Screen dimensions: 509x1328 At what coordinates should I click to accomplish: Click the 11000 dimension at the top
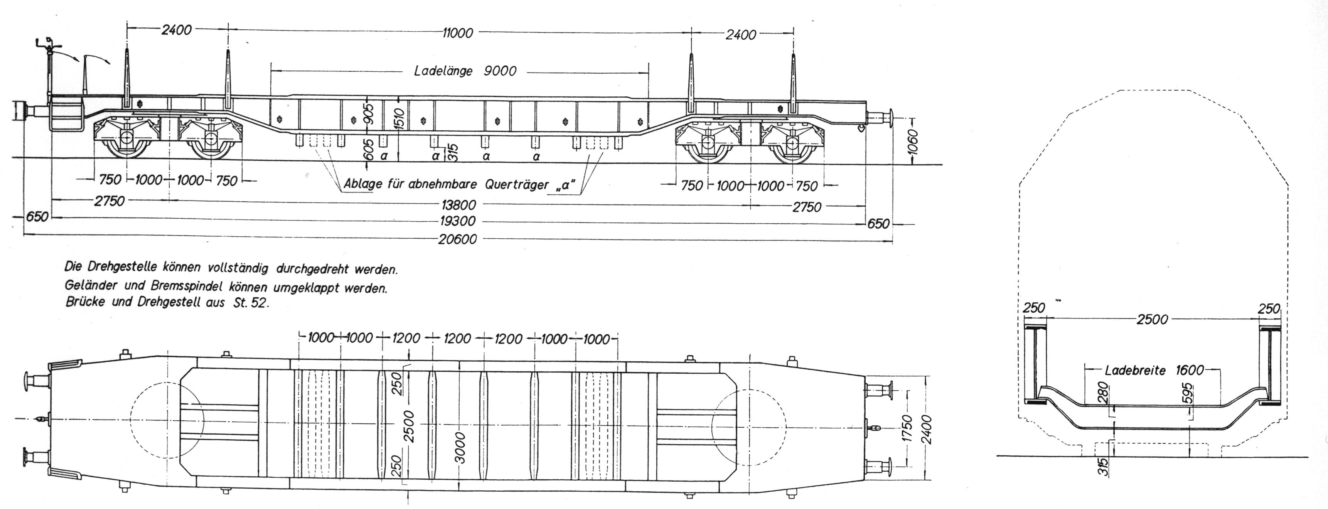pos(457,33)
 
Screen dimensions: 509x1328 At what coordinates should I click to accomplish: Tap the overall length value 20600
pos(457,239)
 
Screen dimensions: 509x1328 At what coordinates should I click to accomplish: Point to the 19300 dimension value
pos(457,222)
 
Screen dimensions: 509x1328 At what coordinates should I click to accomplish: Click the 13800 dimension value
pos(457,205)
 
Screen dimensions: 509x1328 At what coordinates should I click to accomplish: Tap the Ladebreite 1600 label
pos(1154,370)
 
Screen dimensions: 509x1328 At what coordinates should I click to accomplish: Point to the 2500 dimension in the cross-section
pos(1152,320)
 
